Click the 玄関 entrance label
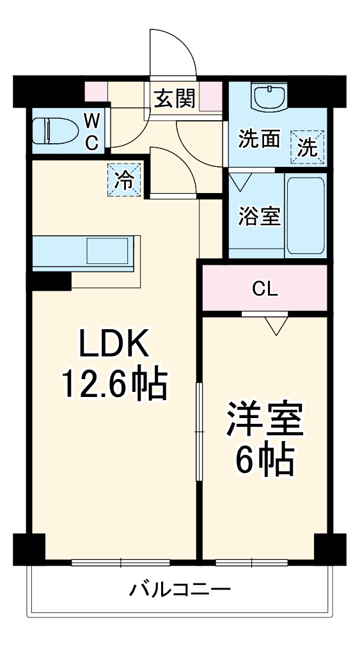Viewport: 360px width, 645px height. pos(175,98)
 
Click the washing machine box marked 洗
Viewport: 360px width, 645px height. pos(308,147)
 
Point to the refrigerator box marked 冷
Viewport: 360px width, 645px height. pos(124,180)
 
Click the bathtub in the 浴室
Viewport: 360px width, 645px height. pos(306,215)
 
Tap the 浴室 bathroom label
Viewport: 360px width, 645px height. pos(260,216)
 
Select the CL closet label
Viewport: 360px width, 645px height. pos(265,290)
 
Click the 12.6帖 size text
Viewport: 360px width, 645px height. pos(115,385)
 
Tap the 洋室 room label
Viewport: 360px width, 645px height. pos(265,419)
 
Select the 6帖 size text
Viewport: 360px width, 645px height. pos(265,460)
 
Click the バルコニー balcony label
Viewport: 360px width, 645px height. pos(180,591)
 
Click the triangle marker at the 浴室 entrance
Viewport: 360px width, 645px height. pos(240,182)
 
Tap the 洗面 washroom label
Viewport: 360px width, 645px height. pos(260,139)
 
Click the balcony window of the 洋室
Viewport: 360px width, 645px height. pos(251,563)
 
